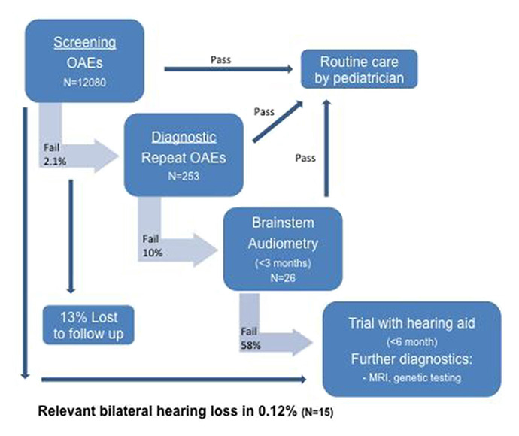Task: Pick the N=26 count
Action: click(281, 277)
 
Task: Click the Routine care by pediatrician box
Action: click(359, 68)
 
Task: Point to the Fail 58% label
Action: click(250, 338)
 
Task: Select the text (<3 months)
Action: click(281, 265)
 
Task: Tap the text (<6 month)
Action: click(411, 340)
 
